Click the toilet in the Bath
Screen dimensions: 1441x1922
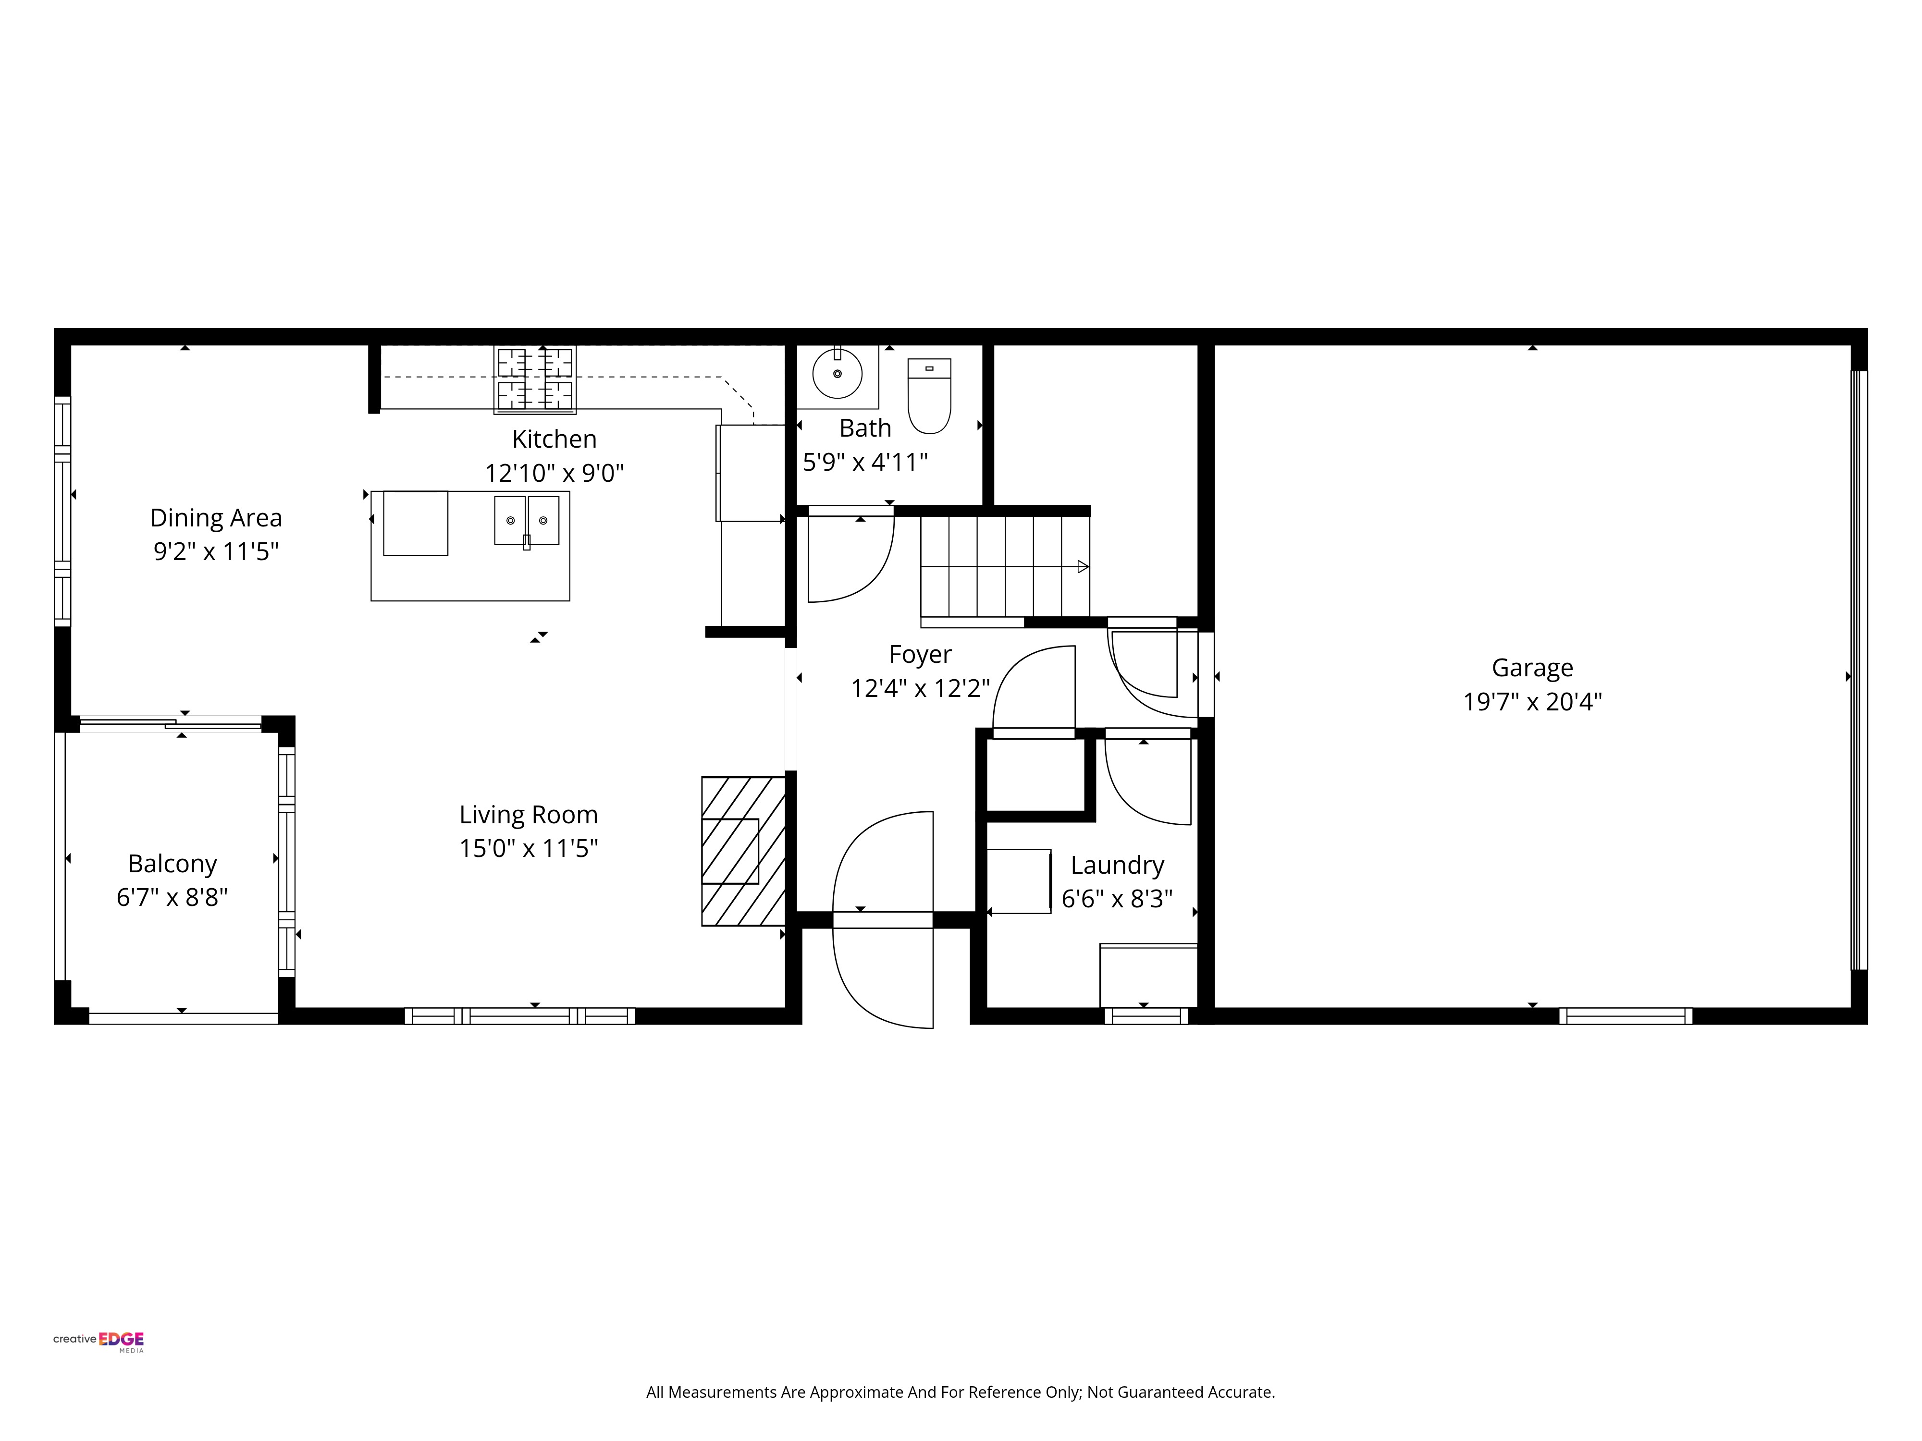(x=929, y=395)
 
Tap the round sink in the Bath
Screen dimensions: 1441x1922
(x=837, y=374)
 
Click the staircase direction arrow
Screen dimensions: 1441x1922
(x=1082, y=566)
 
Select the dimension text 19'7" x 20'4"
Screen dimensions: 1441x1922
(x=1532, y=701)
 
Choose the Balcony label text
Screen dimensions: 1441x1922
(x=172, y=863)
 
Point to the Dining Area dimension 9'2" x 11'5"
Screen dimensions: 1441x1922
(x=215, y=550)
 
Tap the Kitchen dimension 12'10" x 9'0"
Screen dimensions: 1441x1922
(x=554, y=473)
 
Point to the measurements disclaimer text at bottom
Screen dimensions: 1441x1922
(x=960, y=1392)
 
